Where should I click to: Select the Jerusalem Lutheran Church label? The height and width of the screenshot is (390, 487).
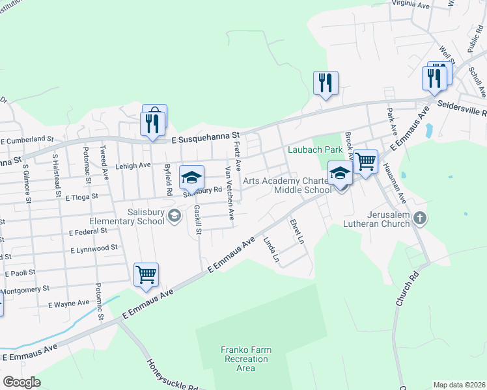pyautogui.click(x=377, y=218)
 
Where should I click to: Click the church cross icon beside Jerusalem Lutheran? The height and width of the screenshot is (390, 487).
pyautogui.click(x=420, y=218)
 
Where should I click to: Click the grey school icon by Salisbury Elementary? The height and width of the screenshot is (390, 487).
pyautogui.click(x=174, y=216)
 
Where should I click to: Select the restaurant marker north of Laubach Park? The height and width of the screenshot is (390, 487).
pyautogui.click(x=325, y=83)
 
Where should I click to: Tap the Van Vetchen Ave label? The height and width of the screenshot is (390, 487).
pyautogui.click(x=229, y=193)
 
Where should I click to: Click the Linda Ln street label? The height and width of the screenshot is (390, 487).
pyautogui.click(x=271, y=250)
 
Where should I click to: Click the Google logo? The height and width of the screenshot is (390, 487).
pyautogui.click(x=21, y=382)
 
